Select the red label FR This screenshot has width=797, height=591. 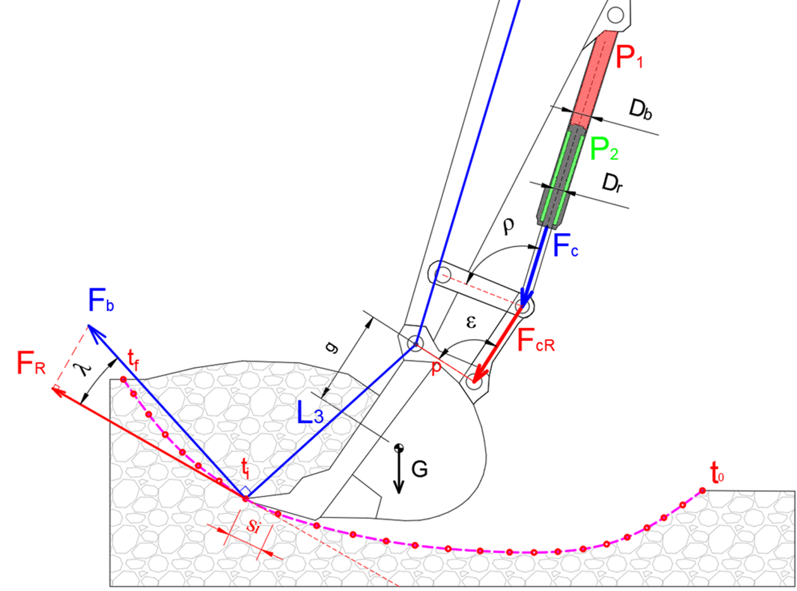(31, 366)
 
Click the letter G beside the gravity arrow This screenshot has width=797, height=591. (418, 469)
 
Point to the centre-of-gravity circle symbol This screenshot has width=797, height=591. (399, 448)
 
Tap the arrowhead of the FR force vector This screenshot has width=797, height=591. (57, 390)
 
